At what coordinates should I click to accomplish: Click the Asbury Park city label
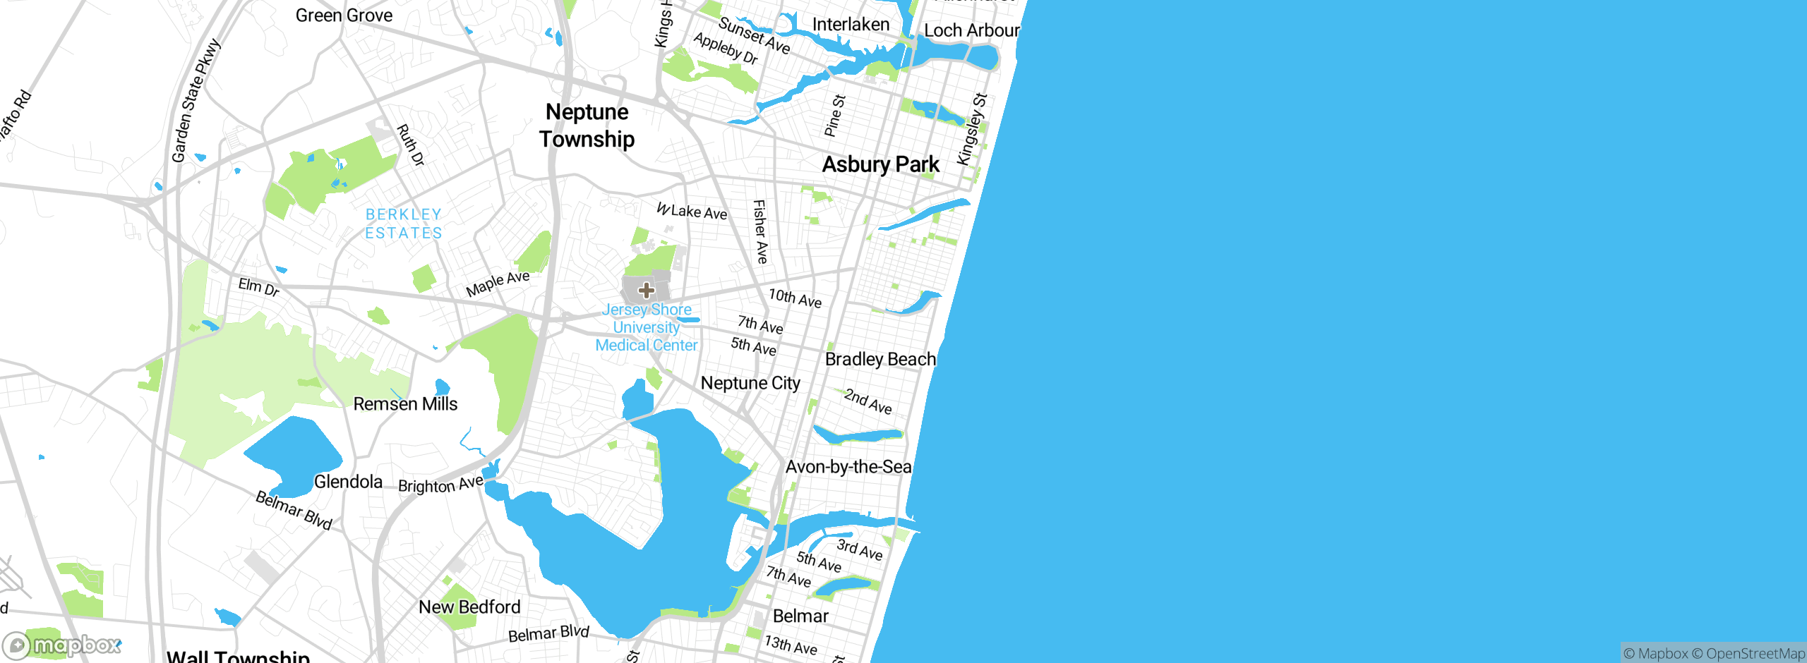click(880, 164)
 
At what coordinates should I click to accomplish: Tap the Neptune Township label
click(587, 126)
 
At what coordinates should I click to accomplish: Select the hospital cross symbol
click(646, 290)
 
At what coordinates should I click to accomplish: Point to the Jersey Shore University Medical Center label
click(647, 327)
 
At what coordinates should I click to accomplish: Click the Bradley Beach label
click(880, 359)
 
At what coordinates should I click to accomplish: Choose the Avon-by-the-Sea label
click(848, 467)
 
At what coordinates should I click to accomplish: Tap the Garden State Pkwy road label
click(196, 101)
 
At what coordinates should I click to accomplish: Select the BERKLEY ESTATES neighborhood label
click(404, 224)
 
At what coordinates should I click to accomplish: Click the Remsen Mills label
click(405, 404)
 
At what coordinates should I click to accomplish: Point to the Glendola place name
click(348, 482)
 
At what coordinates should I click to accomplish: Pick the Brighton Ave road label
click(440, 485)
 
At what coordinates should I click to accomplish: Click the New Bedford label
click(469, 607)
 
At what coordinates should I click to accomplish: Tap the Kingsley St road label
click(971, 129)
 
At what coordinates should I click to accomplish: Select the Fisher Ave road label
click(760, 231)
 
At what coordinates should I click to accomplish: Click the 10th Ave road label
click(795, 298)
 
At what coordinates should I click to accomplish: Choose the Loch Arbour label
click(971, 30)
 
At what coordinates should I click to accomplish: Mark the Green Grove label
click(344, 16)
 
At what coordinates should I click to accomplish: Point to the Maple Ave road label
click(498, 284)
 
